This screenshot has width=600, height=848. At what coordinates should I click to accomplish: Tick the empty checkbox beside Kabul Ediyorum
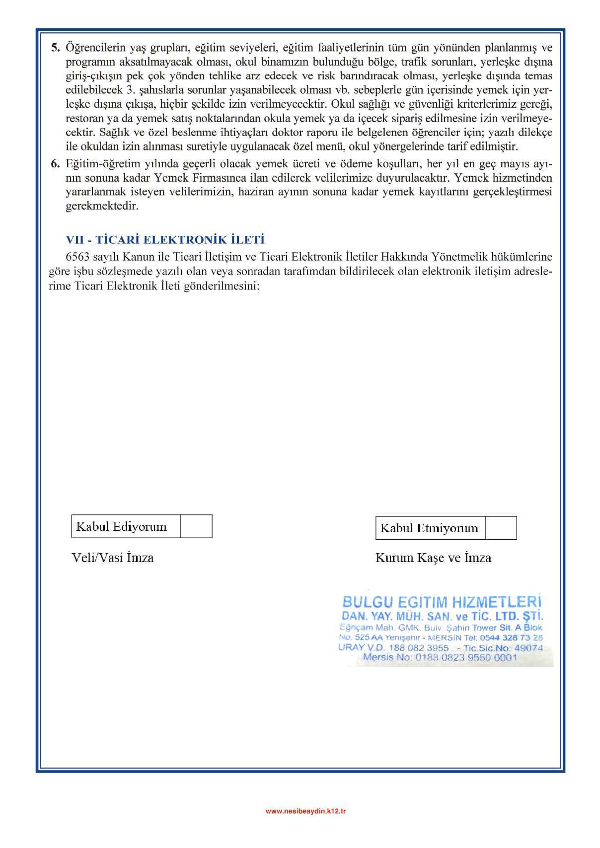[196, 526]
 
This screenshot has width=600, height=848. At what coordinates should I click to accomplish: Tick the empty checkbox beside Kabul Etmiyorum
[501, 528]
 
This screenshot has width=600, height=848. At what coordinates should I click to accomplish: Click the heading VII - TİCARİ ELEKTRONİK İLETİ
[165, 240]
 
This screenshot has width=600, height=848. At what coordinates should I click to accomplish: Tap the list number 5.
[55, 48]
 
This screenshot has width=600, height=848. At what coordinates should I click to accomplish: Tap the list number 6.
[55, 164]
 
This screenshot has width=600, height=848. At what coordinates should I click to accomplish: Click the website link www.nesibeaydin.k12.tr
[305, 811]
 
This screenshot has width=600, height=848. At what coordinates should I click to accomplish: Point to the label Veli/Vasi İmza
[113, 558]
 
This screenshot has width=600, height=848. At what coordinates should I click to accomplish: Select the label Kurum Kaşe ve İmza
[433, 558]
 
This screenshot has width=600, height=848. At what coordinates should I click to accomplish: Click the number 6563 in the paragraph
[77, 257]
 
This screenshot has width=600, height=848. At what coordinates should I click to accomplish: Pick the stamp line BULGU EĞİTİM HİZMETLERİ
[442, 602]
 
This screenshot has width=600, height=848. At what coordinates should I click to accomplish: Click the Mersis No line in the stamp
[440, 657]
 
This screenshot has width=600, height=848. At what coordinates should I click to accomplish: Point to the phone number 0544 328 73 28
[511, 637]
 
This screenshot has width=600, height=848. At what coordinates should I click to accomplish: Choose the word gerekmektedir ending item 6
[102, 206]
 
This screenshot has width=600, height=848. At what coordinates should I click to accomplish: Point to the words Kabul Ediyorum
[121, 526]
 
